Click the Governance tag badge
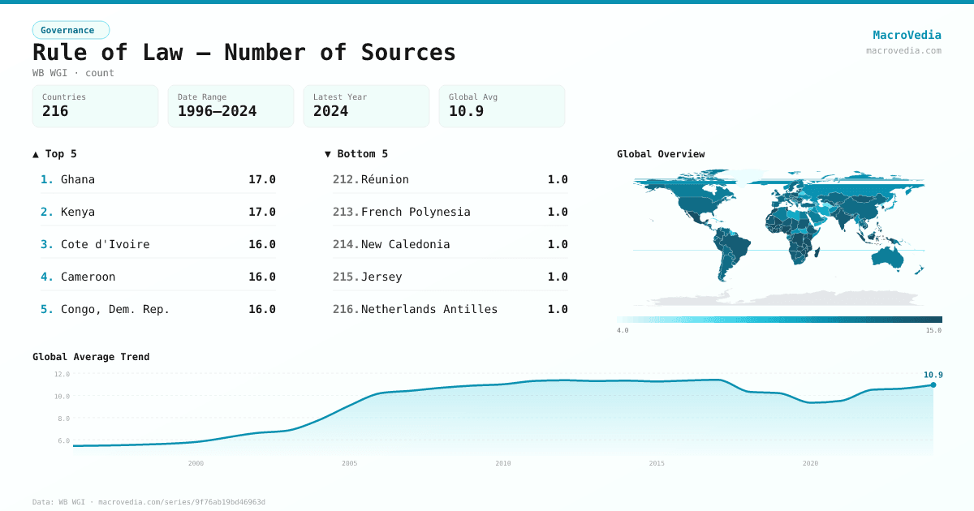tap(71, 30)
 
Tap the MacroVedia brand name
tap(907, 35)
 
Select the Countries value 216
tap(55, 111)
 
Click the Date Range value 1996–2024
tap(217, 111)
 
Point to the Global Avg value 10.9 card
tap(502, 106)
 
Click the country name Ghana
tap(78, 179)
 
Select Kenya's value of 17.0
tap(261, 212)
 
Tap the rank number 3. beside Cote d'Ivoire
tap(46, 245)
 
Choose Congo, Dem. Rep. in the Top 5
tap(114, 309)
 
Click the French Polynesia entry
tap(416, 212)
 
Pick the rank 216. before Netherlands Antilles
tap(346, 309)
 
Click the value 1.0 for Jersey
tap(558, 277)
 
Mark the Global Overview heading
tap(661, 154)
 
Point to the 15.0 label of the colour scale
tap(933, 330)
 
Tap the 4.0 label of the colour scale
tap(623, 330)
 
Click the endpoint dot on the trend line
tap(933, 385)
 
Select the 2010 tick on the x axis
tap(503, 463)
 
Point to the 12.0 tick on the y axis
tap(62, 374)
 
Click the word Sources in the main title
tap(408, 53)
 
